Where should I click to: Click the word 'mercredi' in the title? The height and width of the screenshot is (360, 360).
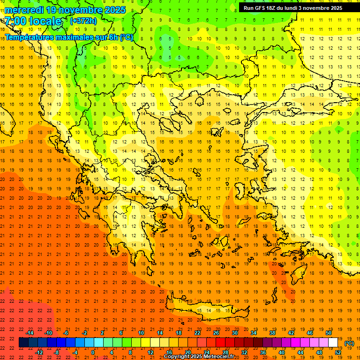[23, 10]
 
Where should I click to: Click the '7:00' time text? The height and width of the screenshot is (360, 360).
[15, 21]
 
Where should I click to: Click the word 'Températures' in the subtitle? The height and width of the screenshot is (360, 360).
[32, 37]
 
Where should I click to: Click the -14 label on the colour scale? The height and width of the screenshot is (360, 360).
[30, 333]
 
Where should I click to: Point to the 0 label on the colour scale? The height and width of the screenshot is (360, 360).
[93, 352]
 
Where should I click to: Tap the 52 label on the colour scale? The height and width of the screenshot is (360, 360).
[338, 352]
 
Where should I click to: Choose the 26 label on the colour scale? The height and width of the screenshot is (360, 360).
[216, 333]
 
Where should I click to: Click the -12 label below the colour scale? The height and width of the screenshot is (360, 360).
[39, 352]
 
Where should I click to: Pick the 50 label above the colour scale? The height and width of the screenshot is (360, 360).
[329, 333]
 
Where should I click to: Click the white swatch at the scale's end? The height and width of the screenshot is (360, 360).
[333, 343]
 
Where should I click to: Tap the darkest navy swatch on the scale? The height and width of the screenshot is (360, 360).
[24, 343]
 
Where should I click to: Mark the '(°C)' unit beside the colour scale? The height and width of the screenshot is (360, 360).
[349, 343]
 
